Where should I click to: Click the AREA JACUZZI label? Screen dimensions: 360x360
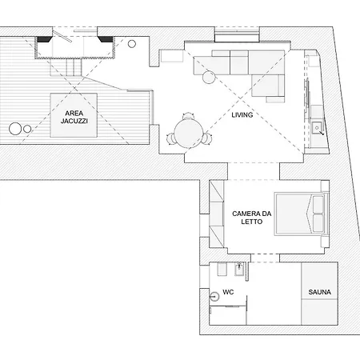click(74, 117)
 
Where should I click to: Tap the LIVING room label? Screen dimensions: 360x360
click(242, 115)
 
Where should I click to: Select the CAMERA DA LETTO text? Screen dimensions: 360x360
click(251, 218)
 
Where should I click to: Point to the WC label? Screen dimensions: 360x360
click(228, 292)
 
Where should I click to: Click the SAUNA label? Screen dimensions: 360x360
click(320, 292)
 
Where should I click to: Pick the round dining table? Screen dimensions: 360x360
click(188, 133)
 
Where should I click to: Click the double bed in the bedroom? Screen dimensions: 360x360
click(301, 214)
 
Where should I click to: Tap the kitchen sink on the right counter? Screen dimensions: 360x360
click(317, 128)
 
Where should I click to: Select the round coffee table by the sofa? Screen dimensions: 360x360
click(209, 77)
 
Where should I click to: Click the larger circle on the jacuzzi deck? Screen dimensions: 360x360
click(15, 129)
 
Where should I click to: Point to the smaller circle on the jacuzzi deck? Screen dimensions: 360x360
click(27, 129)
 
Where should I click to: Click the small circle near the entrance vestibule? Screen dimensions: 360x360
click(132, 44)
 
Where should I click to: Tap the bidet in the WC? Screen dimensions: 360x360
click(239, 269)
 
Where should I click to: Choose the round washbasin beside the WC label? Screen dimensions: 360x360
click(214, 296)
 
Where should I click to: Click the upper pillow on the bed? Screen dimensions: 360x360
click(318, 205)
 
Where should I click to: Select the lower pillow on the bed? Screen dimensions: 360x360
click(318, 223)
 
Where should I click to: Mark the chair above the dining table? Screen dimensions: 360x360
click(188, 116)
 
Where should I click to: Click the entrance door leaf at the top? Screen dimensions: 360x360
click(62, 36)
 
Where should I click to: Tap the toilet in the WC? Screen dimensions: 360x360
click(222, 269)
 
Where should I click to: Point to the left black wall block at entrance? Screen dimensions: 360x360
click(44, 39)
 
